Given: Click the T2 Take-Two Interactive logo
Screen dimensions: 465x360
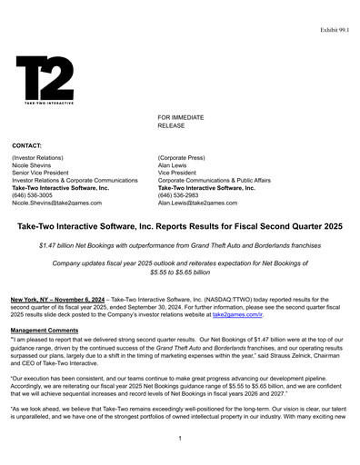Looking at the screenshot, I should [45, 80].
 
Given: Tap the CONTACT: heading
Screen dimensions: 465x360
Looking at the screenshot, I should [28, 145].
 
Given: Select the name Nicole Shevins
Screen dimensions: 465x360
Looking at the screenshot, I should [35, 167].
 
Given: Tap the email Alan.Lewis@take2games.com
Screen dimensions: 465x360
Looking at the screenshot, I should [202, 203].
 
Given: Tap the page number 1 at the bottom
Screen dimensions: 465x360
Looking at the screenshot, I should [180, 439].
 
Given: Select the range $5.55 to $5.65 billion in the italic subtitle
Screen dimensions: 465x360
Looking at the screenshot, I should [180, 272].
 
